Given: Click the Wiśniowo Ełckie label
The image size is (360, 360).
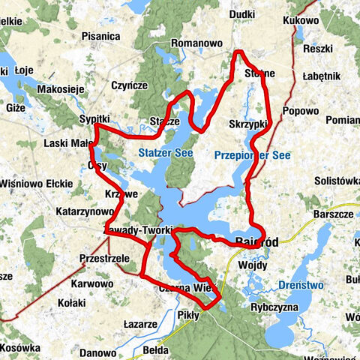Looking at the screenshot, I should (36, 183).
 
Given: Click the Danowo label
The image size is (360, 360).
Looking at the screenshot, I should (97, 352).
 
